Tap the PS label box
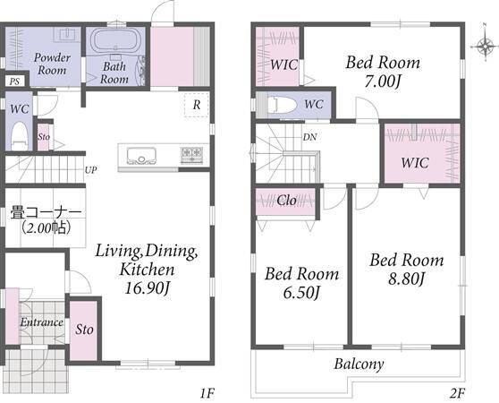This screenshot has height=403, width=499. pos(14,81)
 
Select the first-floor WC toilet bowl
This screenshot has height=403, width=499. pos(20,135)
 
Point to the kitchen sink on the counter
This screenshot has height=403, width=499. pos(141,156)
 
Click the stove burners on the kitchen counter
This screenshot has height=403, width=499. pos(192,155)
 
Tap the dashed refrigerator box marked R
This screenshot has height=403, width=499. pos(197,105)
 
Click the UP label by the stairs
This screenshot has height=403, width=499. pos(90,170)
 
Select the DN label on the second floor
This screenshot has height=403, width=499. pos(309,137)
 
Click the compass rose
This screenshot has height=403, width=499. pos(485,47)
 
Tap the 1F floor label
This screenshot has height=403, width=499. pos(207,394)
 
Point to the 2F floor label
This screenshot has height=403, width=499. pos(457,394)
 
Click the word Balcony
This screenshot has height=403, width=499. pos(359,364)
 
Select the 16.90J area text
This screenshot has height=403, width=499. pos(147,288)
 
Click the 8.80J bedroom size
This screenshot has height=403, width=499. pos(406,279)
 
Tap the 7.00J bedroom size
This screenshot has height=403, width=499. pos(382,81)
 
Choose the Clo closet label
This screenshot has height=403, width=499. pos(286,201)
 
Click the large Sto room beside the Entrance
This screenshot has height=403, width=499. pos(84,330)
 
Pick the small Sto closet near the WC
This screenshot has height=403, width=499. pos(44,137)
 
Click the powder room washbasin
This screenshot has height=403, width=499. pos(67,34)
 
